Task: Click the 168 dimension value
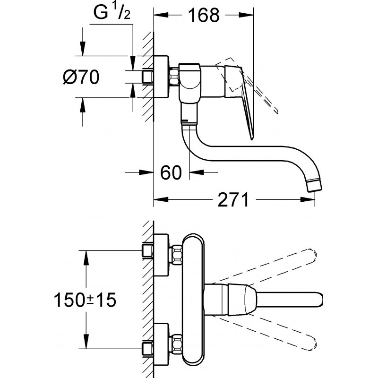204,15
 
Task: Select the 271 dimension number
233,200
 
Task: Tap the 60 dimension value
171,172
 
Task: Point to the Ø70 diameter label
81,77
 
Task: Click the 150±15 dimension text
85,300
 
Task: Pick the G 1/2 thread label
112,13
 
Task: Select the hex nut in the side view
174,77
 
